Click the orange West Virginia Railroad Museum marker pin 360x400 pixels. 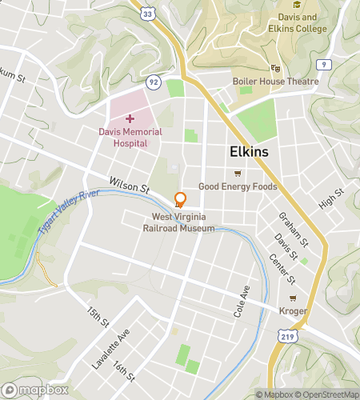[180, 200]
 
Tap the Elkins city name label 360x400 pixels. [249, 151]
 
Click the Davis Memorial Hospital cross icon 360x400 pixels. [130, 118]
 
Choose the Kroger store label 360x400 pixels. [294, 310]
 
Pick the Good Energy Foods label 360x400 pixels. [238, 186]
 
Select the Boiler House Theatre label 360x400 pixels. [275, 82]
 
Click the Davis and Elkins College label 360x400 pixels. [298, 23]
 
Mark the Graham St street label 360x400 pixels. [294, 228]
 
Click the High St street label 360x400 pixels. [330, 199]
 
